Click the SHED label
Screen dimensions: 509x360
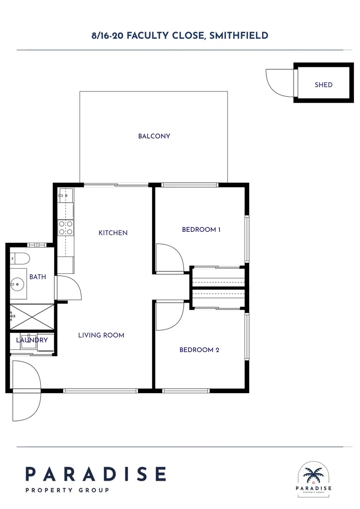[x=324, y=85]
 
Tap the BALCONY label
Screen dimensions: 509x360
[x=154, y=136]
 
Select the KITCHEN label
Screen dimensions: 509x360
[x=113, y=233]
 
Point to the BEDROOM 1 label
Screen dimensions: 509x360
[x=201, y=230]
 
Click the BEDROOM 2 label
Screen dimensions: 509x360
[x=199, y=350]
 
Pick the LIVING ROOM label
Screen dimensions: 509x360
[x=101, y=335]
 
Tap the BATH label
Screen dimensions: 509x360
[x=38, y=277]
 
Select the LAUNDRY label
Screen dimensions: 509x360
[x=32, y=340]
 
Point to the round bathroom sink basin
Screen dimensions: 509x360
[x=17, y=284]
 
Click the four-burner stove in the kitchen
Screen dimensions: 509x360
[x=65, y=228]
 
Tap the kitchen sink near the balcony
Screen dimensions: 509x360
[x=65, y=194]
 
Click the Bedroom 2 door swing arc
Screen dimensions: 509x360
[x=170, y=316]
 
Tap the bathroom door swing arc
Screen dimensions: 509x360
[x=68, y=287]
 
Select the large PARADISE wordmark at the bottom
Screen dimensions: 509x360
[x=96, y=474]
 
